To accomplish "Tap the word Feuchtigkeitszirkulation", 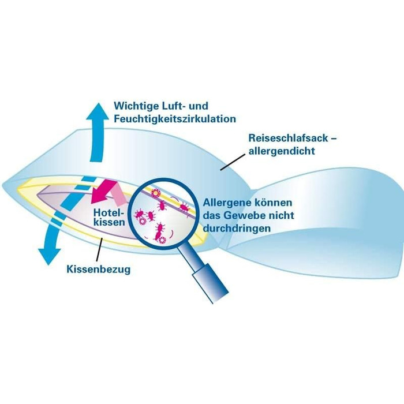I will click(175, 119).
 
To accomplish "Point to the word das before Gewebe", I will click(212, 216).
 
